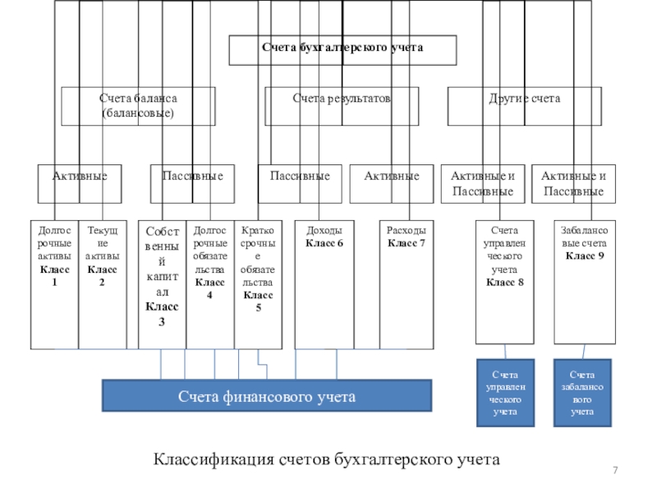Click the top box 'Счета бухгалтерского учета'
[x=342, y=49]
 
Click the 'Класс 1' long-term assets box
[x=54, y=284]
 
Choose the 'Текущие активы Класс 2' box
[x=102, y=284]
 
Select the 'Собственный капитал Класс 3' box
[x=162, y=284]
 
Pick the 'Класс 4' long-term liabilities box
[x=209, y=284]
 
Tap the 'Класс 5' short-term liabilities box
[x=258, y=284]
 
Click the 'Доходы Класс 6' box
[x=324, y=284]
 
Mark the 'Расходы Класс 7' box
[x=407, y=284]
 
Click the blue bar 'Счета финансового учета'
[x=267, y=395]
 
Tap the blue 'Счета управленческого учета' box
[x=505, y=393]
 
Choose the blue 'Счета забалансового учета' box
[x=583, y=393]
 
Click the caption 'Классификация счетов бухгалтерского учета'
[x=326, y=458]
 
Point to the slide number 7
[x=616, y=468]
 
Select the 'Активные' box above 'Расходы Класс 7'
[x=391, y=183]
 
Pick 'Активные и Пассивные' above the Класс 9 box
[x=572, y=183]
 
